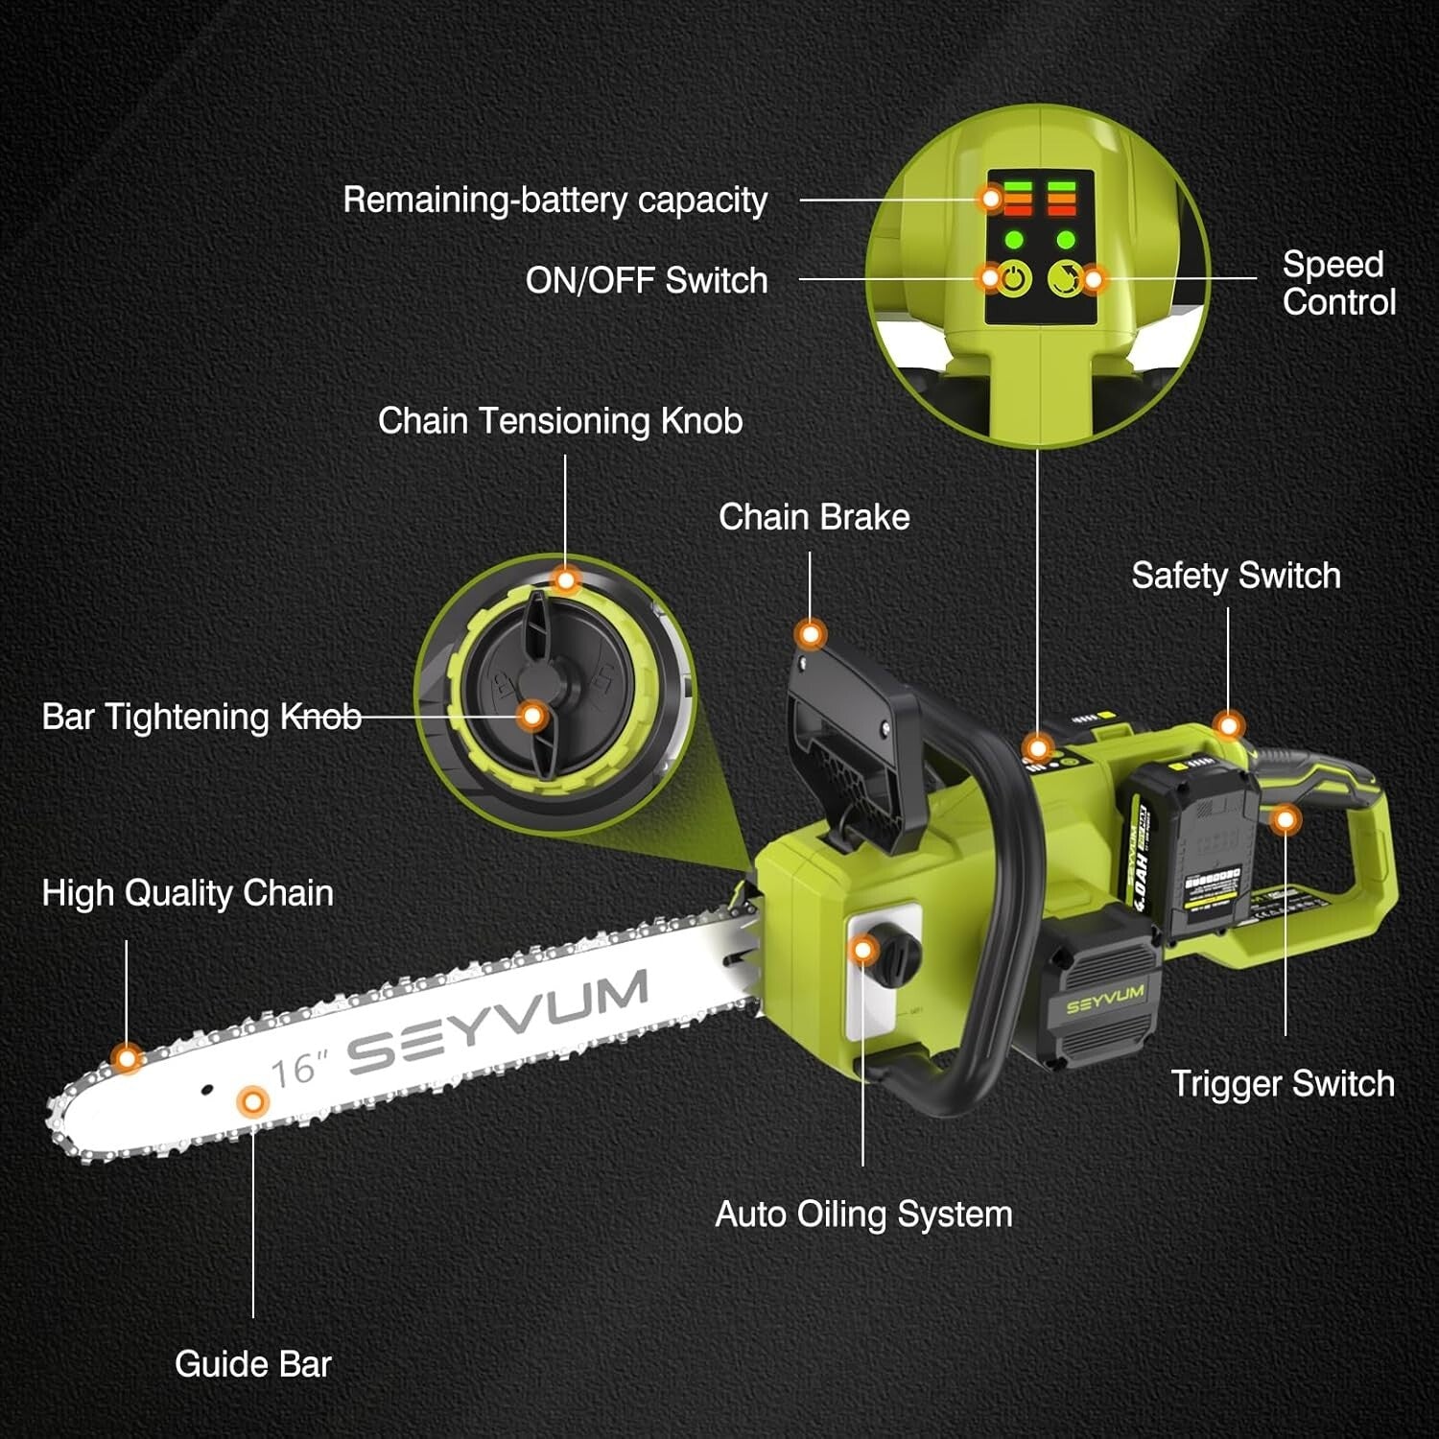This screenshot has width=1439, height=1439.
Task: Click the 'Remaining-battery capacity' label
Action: click(x=554, y=200)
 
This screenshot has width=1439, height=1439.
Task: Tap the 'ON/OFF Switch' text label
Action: click(x=646, y=280)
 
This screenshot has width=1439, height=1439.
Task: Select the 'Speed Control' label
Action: click(x=1338, y=283)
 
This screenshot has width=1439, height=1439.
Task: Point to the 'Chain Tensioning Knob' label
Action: click(x=560, y=420)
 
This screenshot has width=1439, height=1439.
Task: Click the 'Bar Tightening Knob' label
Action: click(x=201, y=717)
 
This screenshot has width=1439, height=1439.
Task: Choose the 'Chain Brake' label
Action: click(x=814, y=517)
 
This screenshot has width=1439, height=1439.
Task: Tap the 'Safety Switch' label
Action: click(x=1236, y=576)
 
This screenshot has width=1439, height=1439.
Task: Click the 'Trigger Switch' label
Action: click(x=1283, y=1083)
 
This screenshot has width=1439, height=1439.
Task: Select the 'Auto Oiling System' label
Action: click(x=863, y=1214)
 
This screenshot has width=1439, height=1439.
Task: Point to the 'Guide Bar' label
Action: click(x=253, y=1363)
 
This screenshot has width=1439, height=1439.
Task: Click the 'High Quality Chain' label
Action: click(x=188, y=893)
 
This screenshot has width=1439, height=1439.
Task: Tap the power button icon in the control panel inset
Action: click(x=1015, y=279)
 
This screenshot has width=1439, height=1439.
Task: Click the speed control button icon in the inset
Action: click(x=1063, y=279)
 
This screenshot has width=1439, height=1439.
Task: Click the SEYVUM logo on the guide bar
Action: click(x=499, y=1020)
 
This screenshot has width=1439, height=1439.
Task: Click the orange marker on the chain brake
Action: click(x=811, y=634)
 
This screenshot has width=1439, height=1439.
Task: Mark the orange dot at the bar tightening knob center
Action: click(x=532, y=716)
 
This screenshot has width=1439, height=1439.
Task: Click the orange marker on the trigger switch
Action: click(x=1286, y=819)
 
